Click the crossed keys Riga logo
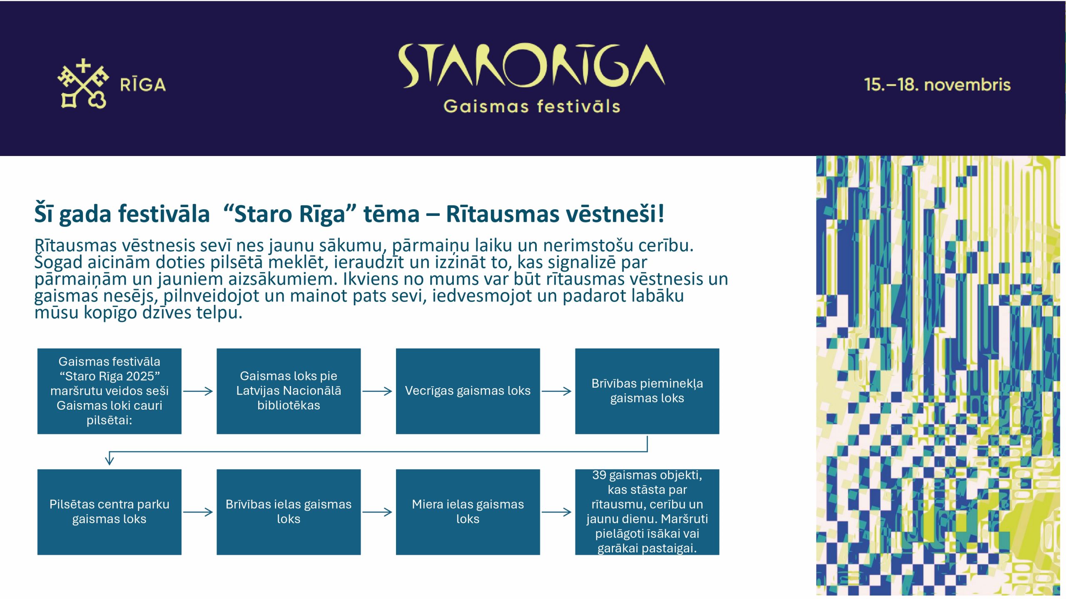pyautogui.click(x=83, y=84)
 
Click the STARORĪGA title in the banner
pyautogui.click(x=531, y=66)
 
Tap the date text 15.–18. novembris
pyautogui.click(x=937, y=85)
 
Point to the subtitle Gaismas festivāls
pyautogui.click(x=532, y=106)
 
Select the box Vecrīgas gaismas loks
pyautogui.click(x=468, y=391)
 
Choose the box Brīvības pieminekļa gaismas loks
pyautogui.click(x=647, y=391)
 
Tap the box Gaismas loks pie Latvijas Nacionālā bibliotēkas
pyautogui.click(x=289, y=391)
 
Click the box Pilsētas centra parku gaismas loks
pyautogui.click(x=109, y=512)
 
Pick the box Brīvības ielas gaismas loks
pyautogui.click(x=289, y=512)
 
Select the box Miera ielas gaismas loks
pyautogui.click(x=468, y=512)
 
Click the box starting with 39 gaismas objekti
pyautogui.click(x=647, y=512)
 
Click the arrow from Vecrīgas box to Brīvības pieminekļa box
pyautogui.click(x=557, y=391)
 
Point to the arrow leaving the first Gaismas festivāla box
pyautogui.click(x=198, y=391)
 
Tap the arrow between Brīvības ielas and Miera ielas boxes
pyautogui.click(x=378, y=512)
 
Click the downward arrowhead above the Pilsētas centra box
pyautogui.click(x=110, y=460)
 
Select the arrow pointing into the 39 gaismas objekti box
pyautogui.click(x=557, y=512)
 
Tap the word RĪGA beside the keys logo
pyautogui.click(x=143, y=85)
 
